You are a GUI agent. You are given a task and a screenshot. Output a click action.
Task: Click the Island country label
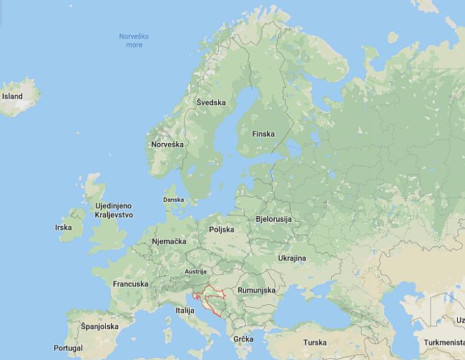[12, 97]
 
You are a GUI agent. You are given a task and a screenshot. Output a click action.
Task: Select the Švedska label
[211, 102]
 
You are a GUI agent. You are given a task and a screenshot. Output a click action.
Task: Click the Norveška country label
[167, 145]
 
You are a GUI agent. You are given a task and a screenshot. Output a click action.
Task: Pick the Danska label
[173, 200]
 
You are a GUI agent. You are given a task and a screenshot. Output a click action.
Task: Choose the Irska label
[64, 228]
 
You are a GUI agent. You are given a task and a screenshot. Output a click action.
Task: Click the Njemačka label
[169, 242]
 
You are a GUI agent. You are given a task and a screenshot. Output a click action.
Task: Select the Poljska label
[222, 230]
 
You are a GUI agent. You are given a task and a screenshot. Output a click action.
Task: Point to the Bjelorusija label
[273, 219]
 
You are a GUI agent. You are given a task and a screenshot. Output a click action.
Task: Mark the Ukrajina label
[292, 258]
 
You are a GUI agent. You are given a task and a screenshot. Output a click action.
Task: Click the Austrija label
[195, 272]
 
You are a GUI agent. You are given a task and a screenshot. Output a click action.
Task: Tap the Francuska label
[131, 284]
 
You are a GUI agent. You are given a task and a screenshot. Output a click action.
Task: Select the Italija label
[185, 311]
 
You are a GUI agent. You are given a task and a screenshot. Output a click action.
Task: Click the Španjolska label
[99, 326]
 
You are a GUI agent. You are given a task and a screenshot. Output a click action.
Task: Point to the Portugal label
[68, 348]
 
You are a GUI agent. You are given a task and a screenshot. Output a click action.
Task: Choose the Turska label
[315, 343]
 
